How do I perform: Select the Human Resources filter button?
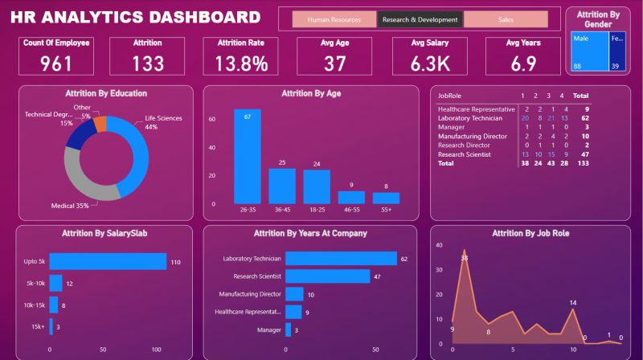click(x=333, y=19)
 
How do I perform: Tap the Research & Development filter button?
click(x=420, y=19)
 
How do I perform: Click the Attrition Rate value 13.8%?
click(x=242, y=63)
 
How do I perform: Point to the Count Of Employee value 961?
click(x=56, y=63)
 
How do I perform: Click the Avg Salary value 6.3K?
click(x=430, y=63)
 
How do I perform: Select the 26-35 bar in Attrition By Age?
click(x=248, y=156)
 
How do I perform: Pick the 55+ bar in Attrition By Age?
click(x=386, y=198)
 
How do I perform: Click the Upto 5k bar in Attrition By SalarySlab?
click(x=108, y=262)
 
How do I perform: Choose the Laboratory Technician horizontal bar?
click(x=341, y=259)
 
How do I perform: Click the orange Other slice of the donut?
click(x=100, y=123)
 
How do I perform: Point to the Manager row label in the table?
click(x=451, y=126)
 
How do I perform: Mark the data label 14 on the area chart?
click(x=573, y=303)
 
